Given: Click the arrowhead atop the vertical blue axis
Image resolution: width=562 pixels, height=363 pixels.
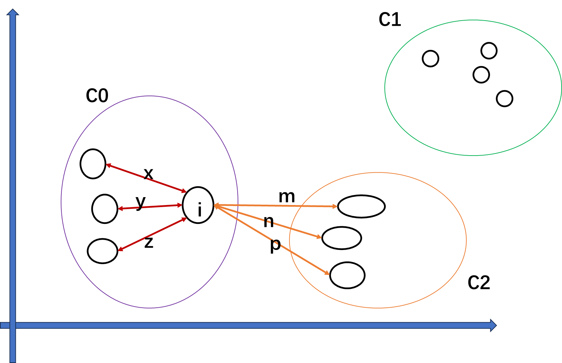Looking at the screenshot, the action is [x=13, y=12].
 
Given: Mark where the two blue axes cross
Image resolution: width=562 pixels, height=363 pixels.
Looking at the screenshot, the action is [x=13, y=325].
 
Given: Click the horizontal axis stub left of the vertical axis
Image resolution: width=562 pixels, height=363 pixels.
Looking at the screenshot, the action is [x=5, y=325].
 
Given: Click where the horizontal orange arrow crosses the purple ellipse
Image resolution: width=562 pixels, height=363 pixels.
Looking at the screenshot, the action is [x=238, y=205].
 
